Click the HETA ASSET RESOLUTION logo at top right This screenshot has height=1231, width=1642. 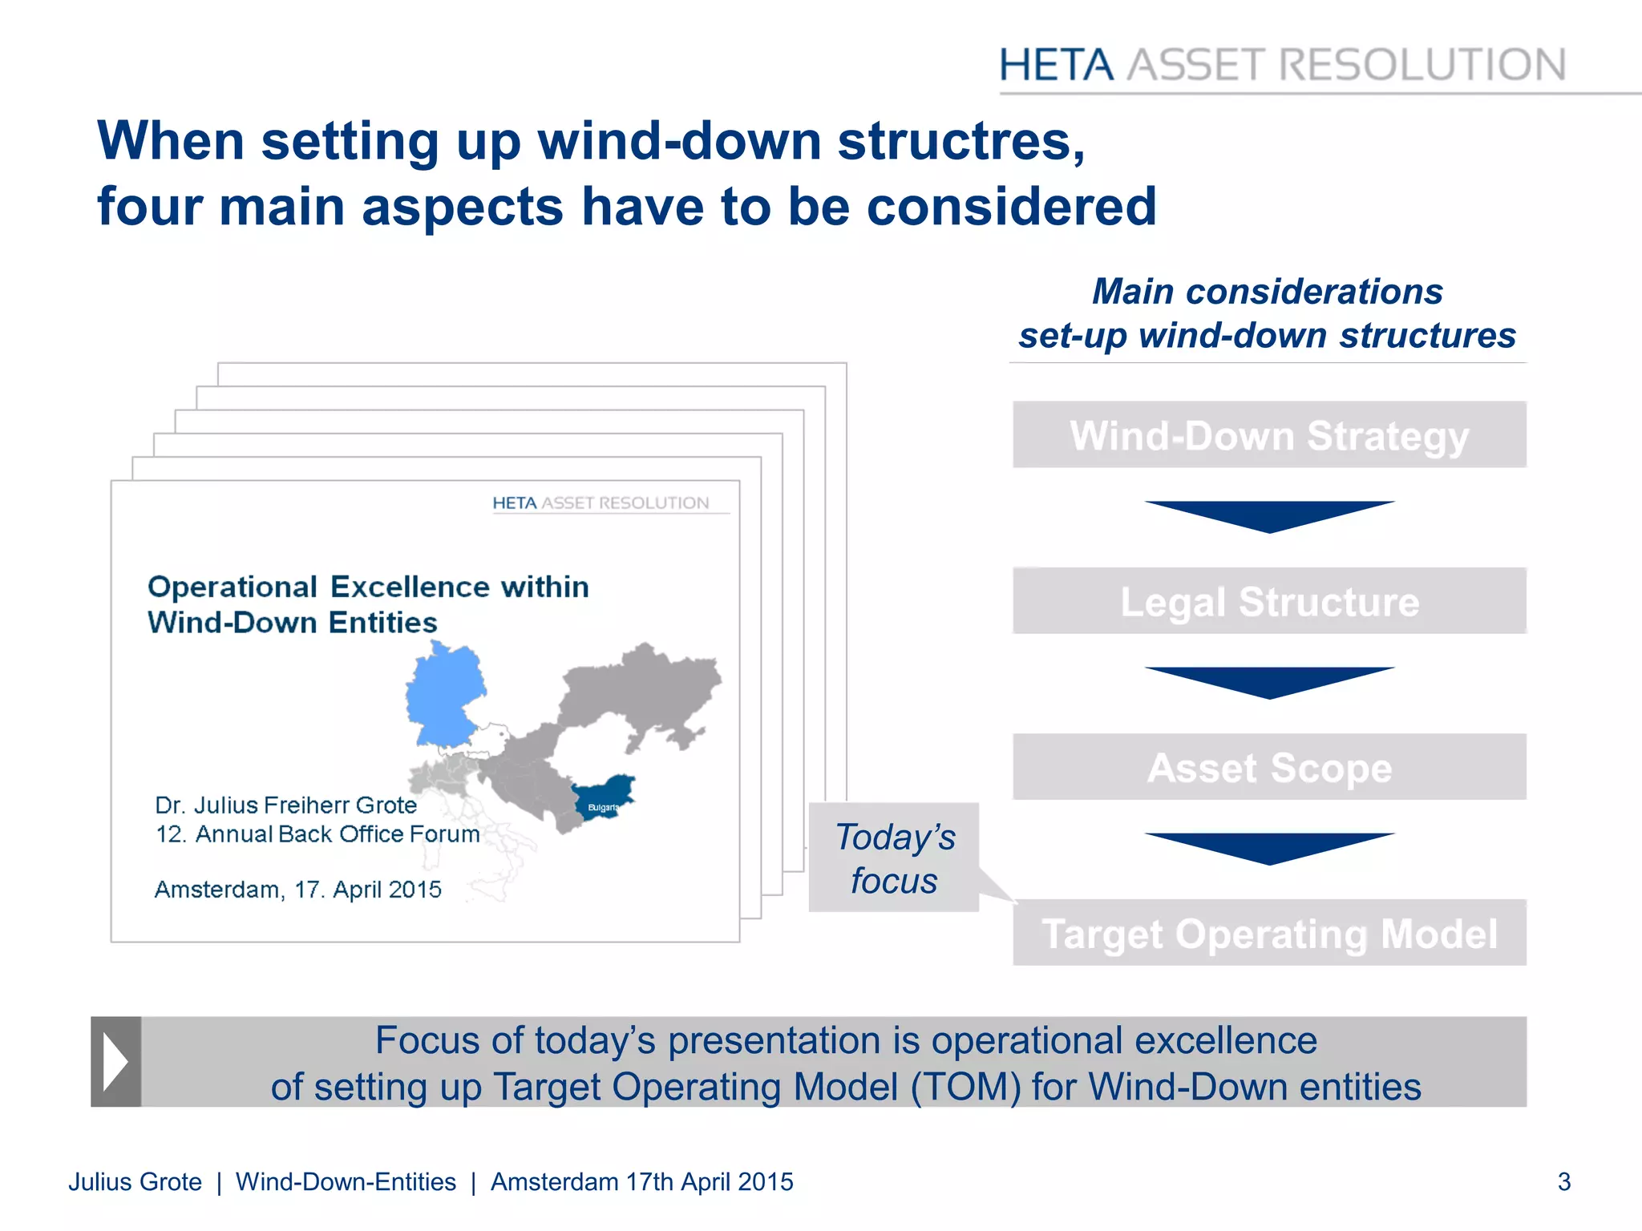coord(1281,65)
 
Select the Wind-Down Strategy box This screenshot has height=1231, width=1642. coord(1268,435)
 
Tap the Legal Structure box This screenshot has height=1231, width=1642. coord(1268,601)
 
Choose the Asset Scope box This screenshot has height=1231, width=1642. coord(1268,767)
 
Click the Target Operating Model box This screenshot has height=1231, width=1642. coord(1268,933)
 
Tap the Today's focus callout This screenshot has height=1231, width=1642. coord(894,858)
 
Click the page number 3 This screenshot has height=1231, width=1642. coord(1563,1181)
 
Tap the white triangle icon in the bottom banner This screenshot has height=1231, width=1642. coord(115,1062)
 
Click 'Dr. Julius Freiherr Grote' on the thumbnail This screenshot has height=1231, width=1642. coord(285,805)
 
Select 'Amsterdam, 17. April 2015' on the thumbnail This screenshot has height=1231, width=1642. coord(297,890)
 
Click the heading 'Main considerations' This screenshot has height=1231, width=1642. coord(1267,292)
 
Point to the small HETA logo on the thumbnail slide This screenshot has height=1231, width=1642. coord(600,503)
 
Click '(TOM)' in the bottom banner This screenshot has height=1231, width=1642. coord(965,1088)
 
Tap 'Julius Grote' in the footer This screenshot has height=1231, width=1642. coord(135,1181)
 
